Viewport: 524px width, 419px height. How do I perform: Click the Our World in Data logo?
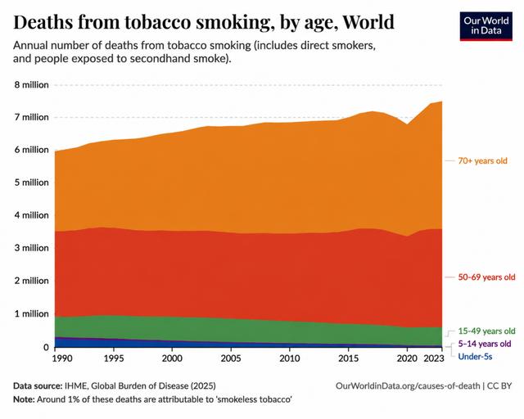coord(486,26)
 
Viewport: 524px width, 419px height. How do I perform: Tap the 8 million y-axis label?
coord(31,85)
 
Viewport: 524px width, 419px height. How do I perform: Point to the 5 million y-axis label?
coord(31,182)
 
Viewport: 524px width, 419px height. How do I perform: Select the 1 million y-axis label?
coord(31,313)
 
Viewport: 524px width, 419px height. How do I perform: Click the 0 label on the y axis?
coord(46,347)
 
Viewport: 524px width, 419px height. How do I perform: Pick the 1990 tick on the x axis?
coord(62,358)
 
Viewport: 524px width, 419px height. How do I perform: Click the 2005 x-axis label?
coord(231,358)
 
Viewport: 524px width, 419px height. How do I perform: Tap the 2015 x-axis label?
coord(349,358)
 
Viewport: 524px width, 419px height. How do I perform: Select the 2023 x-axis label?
coord(434,358)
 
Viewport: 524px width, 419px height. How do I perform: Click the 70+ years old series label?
coord(482,160)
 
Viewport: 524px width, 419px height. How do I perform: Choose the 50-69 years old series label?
coord(486,277)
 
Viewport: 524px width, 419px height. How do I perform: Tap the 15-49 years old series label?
coord(486,331)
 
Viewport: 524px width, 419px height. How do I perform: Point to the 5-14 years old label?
coord(485,344)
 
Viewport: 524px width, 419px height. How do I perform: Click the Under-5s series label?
coord(475,357)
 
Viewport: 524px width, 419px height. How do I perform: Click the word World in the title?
coord(368,22)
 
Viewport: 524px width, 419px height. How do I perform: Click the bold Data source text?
coord(38,386)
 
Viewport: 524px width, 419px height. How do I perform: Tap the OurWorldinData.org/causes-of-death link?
coord(408,386)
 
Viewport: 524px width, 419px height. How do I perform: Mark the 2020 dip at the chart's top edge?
coord(407,124)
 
